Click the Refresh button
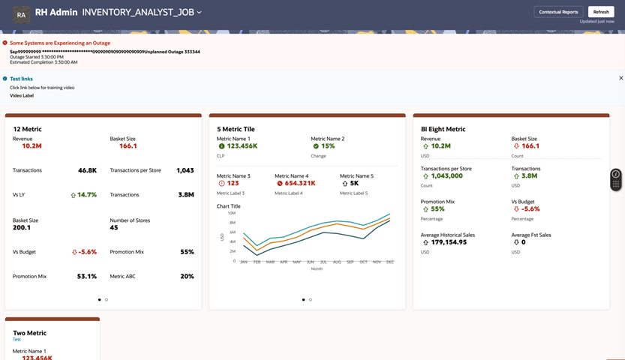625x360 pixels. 601,12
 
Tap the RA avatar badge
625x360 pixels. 21,14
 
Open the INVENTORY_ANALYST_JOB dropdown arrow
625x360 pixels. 200,13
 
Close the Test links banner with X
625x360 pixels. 621,78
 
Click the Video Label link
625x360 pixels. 22,96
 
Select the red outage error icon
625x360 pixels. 5,43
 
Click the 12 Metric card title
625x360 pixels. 27,129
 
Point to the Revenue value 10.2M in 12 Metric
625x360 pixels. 32,146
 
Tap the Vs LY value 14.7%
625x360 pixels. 87,195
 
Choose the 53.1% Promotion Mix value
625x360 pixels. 88,276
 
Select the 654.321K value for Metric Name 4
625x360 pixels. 300,183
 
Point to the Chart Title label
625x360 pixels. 229,206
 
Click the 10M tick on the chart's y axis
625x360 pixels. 232,214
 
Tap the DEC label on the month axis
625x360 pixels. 390,262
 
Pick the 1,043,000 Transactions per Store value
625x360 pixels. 446,175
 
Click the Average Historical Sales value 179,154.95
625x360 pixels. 449,242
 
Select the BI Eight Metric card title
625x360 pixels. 443,129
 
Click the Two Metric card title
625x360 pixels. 30,333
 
